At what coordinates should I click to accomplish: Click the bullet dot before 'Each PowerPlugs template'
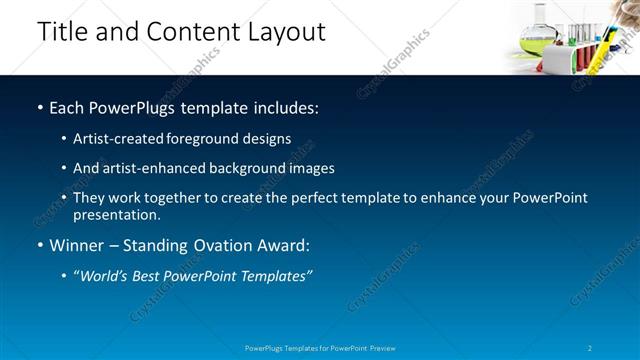click(x=39, y=107)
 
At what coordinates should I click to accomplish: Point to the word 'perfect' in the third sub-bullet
click(x=300, y=198)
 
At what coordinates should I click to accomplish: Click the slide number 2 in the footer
click(x=590, y=349)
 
